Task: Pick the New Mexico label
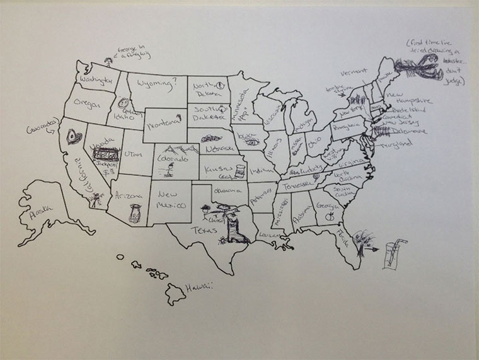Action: coord(172,200)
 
